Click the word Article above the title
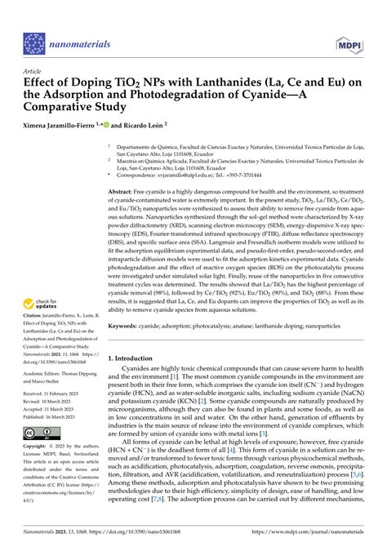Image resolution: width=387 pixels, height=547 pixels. pos(33,71)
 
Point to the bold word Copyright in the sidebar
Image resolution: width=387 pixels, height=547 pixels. pos(38,472)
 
